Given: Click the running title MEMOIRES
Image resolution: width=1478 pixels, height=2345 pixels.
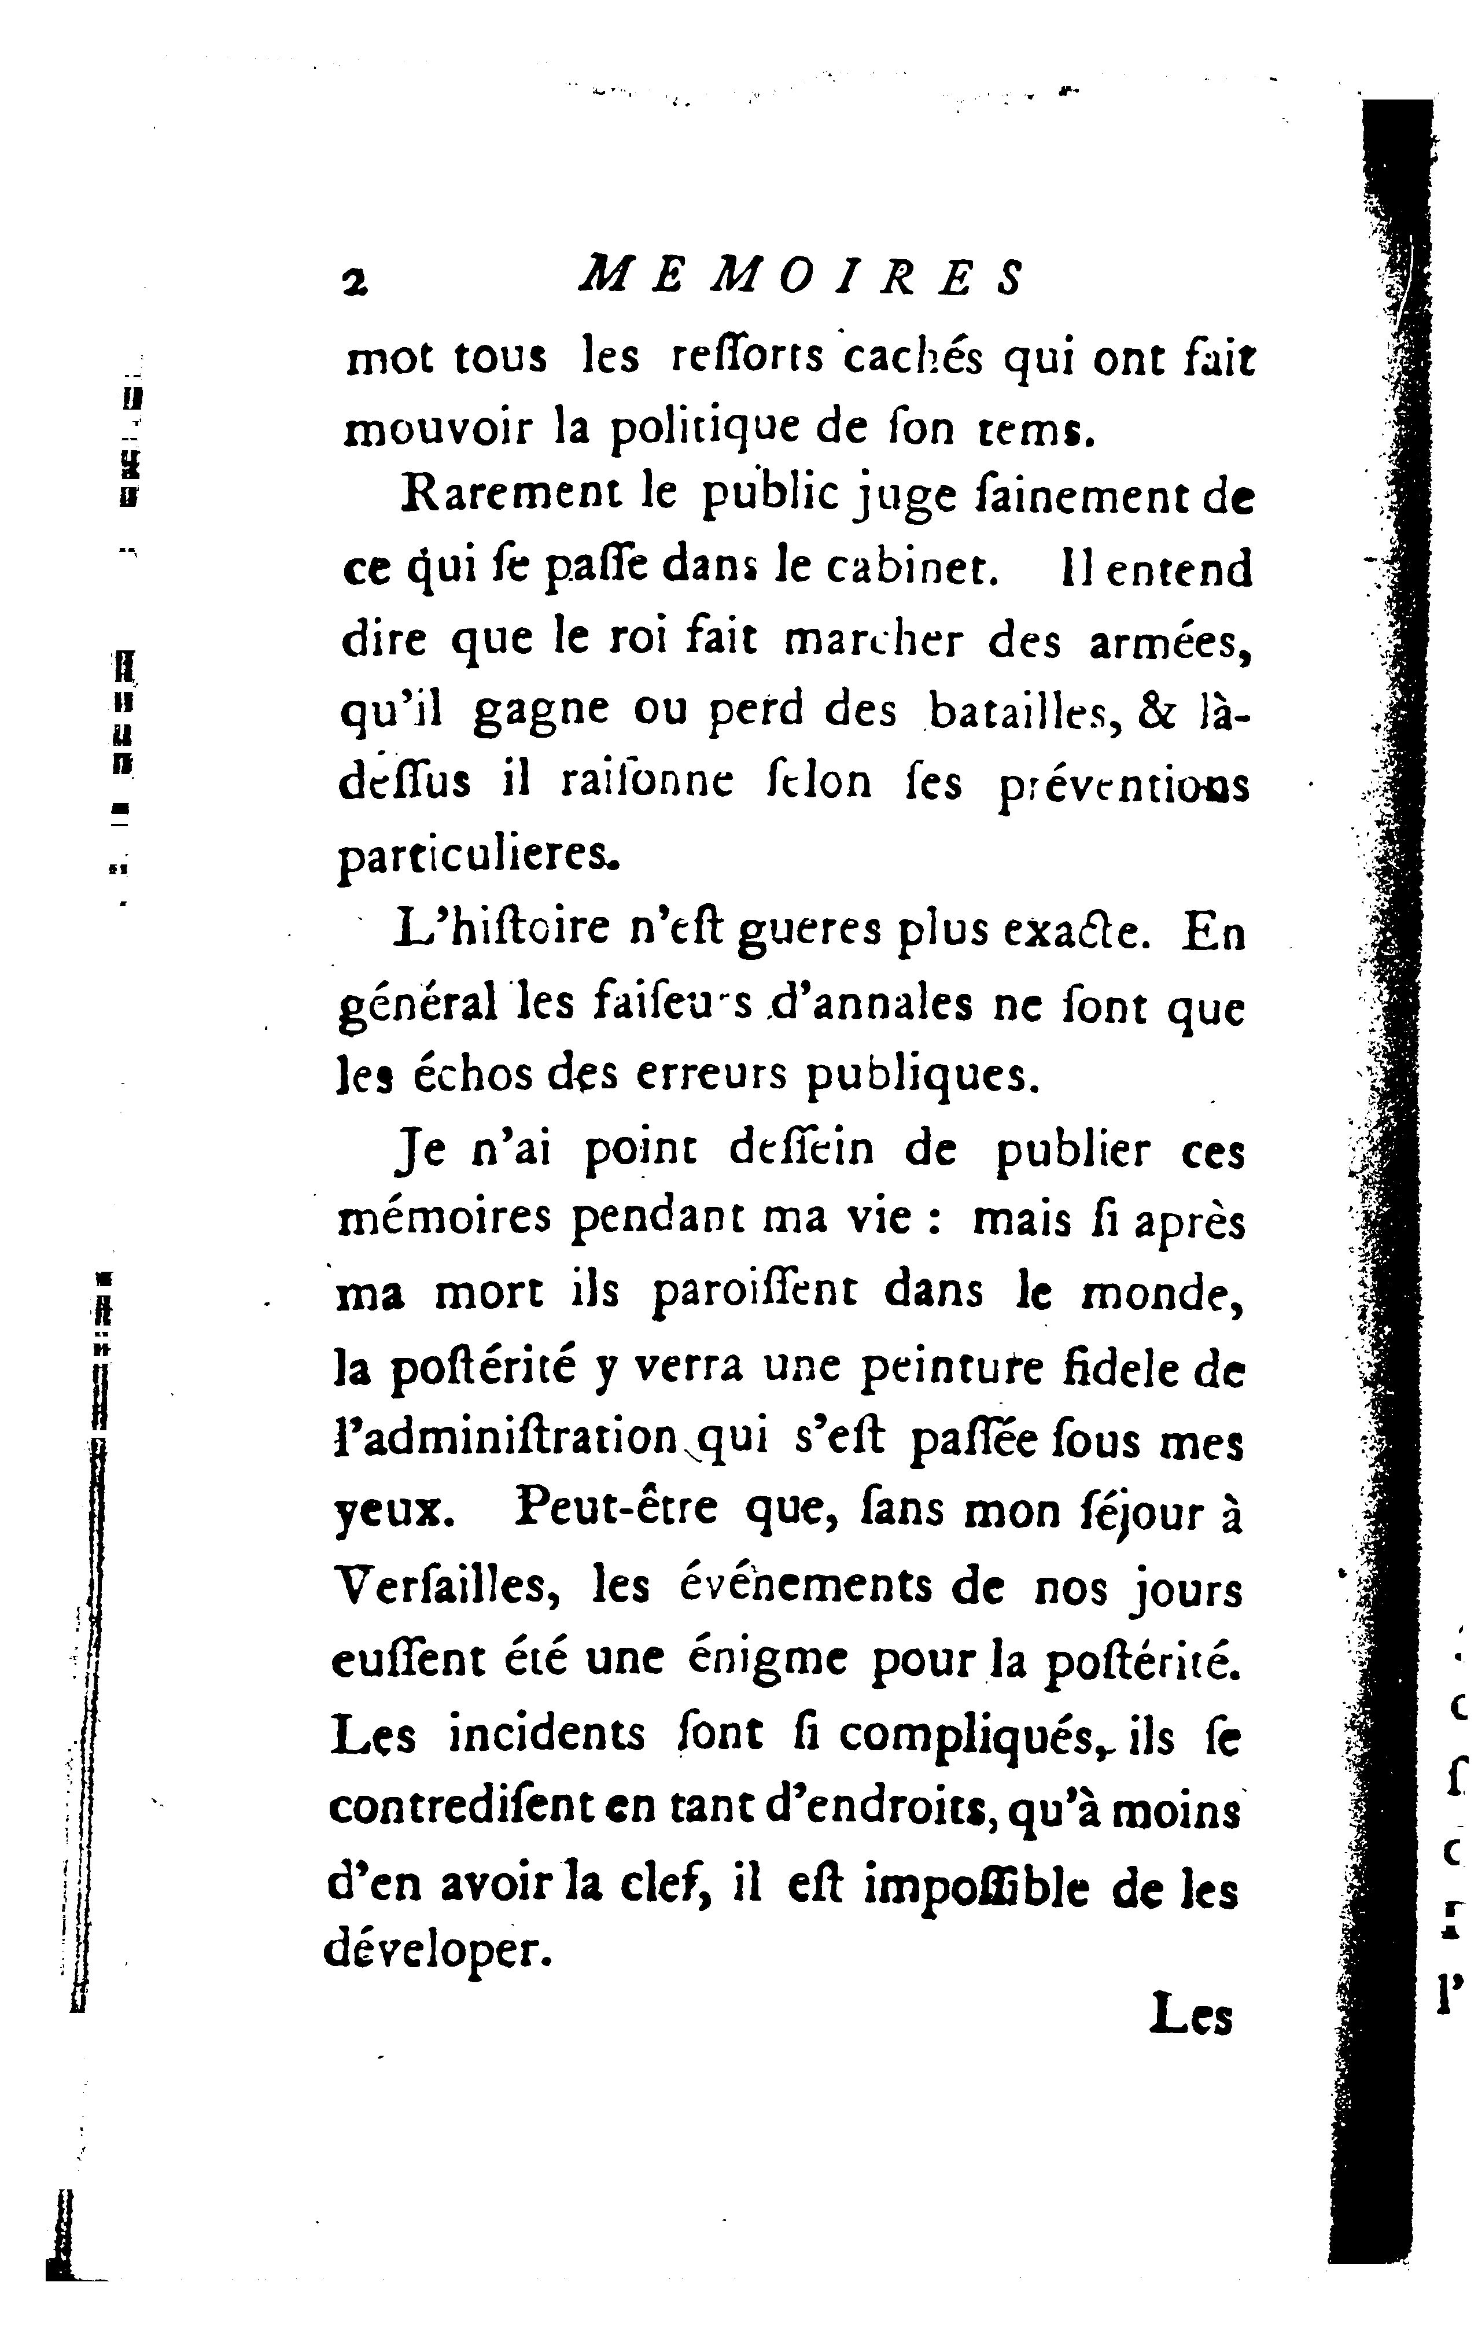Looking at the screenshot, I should pos(801,278).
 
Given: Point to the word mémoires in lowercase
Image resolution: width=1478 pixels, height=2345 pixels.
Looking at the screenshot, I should pos(444,1221).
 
